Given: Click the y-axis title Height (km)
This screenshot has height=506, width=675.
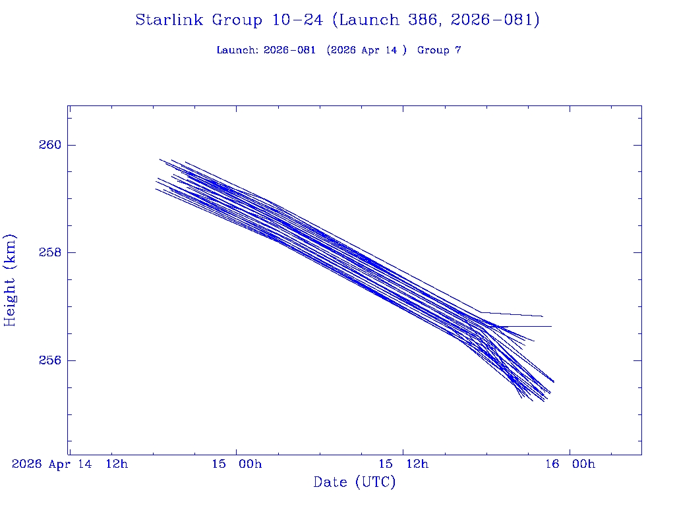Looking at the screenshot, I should click(x=10, y=280).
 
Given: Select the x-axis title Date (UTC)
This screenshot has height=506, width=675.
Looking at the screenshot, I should click(x=355, y=482).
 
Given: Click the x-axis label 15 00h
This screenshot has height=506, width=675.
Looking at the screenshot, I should click(x=237, y=464).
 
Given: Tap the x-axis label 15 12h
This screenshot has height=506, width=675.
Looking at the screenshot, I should click(x=403, y=464).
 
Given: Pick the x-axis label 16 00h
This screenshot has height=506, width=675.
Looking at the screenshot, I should click(x=570, y=464).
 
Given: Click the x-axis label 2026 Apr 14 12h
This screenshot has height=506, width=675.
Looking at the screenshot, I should click(x=70, y=464).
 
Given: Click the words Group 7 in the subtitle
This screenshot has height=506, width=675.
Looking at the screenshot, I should click(x=439, y=51).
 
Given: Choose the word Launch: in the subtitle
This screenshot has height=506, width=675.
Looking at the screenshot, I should click(x=237, y=51).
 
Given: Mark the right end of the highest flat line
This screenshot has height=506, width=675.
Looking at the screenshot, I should click(x=543, y=316).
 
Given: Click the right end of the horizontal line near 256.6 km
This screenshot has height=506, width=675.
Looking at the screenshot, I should click(x=551, y=326).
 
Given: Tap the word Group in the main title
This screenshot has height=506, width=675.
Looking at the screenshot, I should click(x=236, y=20).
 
